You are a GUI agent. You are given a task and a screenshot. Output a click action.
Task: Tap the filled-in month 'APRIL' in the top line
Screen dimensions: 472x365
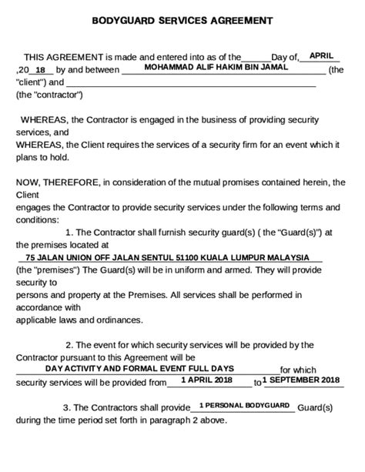pos(321,55)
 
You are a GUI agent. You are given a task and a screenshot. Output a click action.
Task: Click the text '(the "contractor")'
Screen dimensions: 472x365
pos(49,95)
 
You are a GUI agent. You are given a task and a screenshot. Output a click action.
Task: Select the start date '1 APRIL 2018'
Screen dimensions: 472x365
pos(206,380)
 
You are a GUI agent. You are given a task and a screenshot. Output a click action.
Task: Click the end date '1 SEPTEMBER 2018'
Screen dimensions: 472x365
pos(300,380)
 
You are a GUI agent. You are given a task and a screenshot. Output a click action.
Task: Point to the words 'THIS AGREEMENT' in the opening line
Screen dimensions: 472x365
pos(63,57)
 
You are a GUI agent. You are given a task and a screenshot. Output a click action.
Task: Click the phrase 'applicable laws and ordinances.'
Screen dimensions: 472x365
pos(79,320)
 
